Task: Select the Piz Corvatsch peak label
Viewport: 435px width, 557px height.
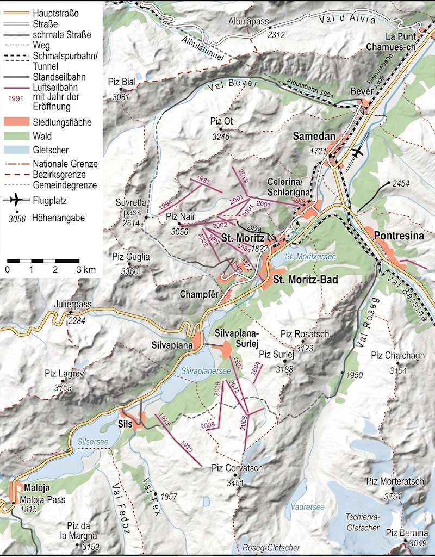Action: point(237,468)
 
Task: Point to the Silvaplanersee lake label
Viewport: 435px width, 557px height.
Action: point(206,370)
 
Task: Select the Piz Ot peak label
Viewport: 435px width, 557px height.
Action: point(221,122)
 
